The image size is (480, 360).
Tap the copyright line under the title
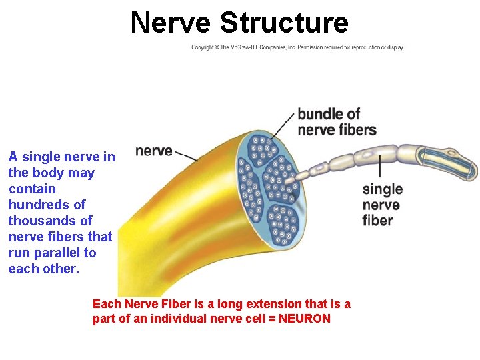click(x=297, y=47)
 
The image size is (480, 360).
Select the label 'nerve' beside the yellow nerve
click(x=153, y=151)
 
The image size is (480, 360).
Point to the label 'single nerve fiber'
click(x=382, y=205)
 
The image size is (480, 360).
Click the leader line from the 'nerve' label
click(x=186, y=156)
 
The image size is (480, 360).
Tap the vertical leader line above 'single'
click(x=379, y=167)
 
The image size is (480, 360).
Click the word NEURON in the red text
click(x=305, y=319)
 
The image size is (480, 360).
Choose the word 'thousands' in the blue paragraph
click(x=41, y=221)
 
